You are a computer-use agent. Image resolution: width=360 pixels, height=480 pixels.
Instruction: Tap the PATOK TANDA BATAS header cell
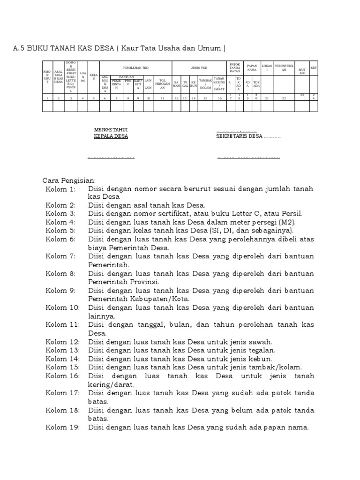point(234,67)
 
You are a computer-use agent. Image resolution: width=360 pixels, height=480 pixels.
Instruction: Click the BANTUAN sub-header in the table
point(127,76)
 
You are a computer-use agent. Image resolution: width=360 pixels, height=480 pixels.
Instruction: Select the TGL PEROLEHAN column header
point(162,84)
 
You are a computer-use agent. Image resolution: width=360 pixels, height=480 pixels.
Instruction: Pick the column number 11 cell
point(162,97)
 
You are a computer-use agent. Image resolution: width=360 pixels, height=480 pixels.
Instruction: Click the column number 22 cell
point(284,97)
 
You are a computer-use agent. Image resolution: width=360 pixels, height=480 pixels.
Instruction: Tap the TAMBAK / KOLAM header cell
point(205,84)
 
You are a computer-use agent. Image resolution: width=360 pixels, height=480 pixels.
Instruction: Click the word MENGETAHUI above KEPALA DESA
point(111,129)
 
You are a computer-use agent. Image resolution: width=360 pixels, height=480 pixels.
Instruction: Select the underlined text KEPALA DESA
point(111,136)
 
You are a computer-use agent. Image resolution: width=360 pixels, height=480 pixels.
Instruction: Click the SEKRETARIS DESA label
point(239,136)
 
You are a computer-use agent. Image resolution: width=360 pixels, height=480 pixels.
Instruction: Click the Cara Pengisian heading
point(69,180)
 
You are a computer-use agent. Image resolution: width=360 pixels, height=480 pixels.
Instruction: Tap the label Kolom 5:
point(60,231)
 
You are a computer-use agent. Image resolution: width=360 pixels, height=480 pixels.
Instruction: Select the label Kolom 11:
point(62,324)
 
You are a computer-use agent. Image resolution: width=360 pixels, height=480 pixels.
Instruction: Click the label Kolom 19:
point(62,427)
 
